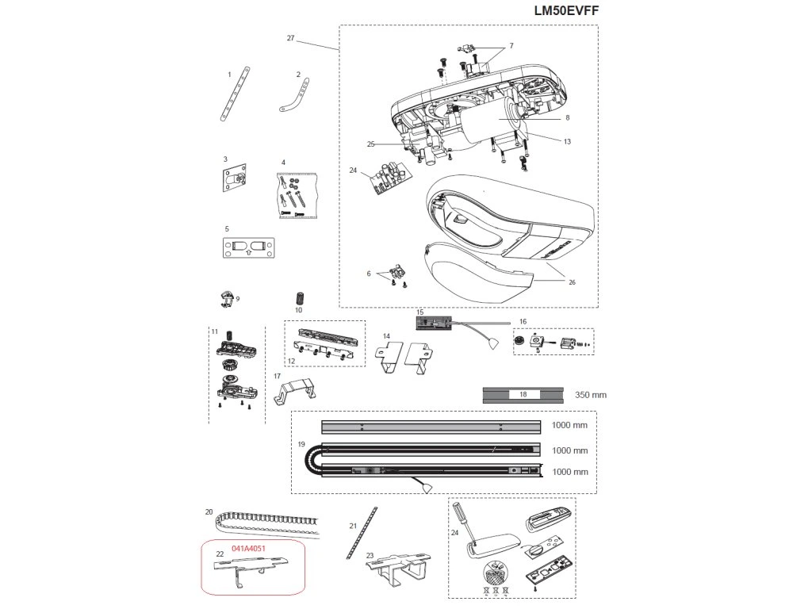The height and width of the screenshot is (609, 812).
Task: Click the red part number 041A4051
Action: click(248, 548)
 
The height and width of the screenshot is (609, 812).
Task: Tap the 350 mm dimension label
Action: click(590, 394)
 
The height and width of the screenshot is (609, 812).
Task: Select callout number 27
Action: click(290, 38)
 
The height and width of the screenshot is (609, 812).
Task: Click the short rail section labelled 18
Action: click(522, 394)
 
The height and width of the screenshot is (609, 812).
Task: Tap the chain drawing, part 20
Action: click(262, 523)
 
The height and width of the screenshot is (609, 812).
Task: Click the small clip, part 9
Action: click(226, 299)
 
